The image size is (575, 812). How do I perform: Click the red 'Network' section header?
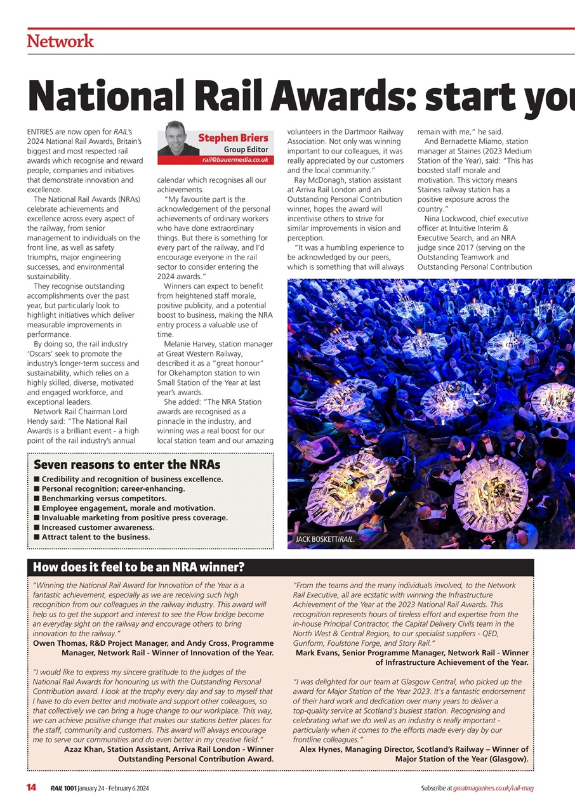(60, 42)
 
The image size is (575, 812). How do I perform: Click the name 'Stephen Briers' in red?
(233, 138)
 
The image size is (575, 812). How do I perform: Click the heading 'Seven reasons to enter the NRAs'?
(127, 464)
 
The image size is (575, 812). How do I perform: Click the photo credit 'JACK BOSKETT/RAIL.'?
(324, 540)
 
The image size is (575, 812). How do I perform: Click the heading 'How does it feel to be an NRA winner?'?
(138, 567)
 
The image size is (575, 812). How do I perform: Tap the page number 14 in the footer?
(31, 788)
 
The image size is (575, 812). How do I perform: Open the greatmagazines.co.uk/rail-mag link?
(493, 788)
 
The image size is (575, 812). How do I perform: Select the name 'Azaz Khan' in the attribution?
(84, 749)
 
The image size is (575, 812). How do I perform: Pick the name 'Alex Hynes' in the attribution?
(322, 749)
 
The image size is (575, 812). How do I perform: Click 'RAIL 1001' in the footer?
(63, 788)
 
